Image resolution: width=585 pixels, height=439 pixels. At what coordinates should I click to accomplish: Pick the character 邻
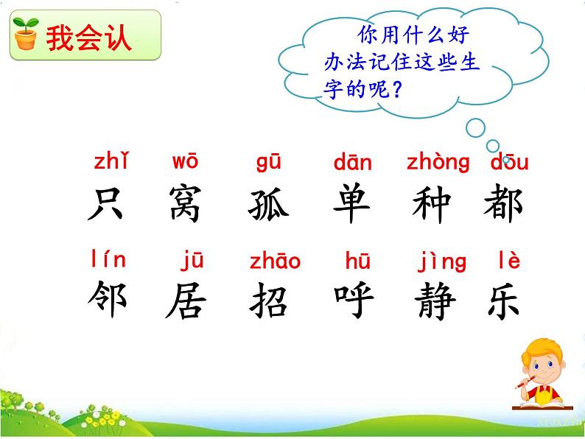click(108, 299)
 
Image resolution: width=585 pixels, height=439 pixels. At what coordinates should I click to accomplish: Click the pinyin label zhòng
click(438, 163)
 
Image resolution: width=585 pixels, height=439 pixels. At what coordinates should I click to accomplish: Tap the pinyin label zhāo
click(275, 261)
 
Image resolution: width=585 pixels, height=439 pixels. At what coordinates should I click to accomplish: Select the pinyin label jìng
click(442, 261)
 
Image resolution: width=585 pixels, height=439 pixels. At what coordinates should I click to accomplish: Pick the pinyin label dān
click(352, 163)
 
